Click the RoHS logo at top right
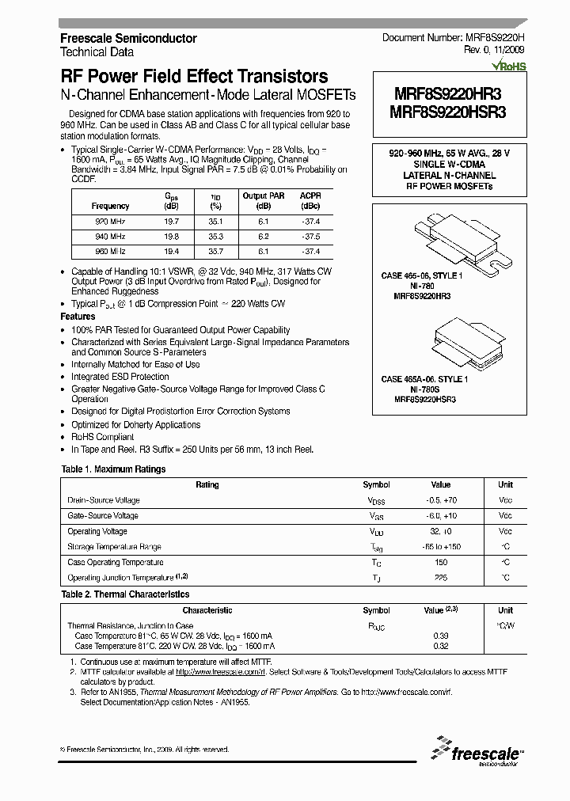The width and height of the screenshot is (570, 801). (x=507, y=67)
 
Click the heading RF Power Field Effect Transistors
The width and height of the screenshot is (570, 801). (x=194, y=77)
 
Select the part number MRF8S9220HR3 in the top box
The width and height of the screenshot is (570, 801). (x=448, y=93)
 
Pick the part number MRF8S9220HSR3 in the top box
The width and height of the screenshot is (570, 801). (x=448, y=112)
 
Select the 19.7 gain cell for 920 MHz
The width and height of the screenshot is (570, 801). (x=172, y=222)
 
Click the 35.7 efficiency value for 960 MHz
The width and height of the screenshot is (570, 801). (x=215, y=250)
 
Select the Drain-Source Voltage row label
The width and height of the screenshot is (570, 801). (x=104, y=500)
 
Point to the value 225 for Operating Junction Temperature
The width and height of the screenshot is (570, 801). (x=440, y=578)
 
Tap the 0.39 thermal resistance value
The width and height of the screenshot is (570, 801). (x=440, y=636)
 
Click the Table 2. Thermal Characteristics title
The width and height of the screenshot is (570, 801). (x=125, y=594)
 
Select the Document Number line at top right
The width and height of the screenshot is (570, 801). (x=452, y=38)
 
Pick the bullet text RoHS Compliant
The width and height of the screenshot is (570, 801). (x=103, y=437)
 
